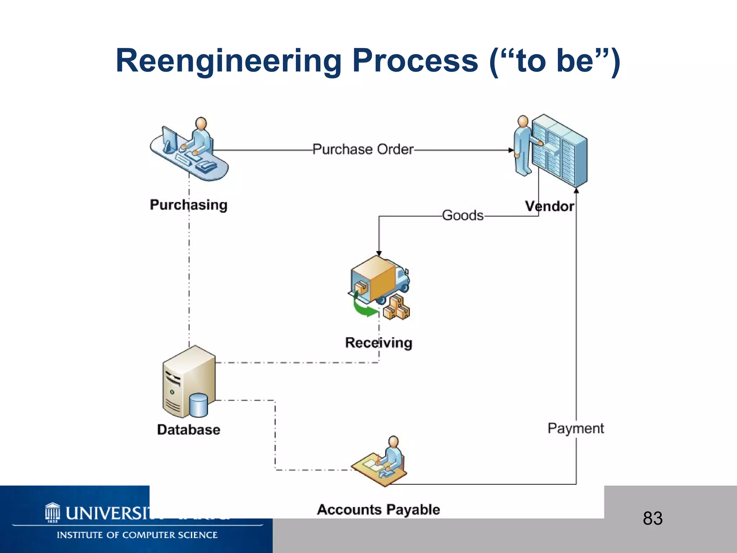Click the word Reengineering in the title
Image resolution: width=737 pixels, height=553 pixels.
point(228,61)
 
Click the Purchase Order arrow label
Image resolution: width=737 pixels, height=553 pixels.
point(363,149)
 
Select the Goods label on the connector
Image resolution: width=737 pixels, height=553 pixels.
point(462,216)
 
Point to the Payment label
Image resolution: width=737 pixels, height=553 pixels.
point(575,428)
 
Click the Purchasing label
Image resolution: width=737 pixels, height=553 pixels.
point(189,205)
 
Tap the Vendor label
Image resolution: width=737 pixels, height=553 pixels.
point(549,206)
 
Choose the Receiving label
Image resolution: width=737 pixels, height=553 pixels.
point(379,343)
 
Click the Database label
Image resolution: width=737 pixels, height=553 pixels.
point(189,430)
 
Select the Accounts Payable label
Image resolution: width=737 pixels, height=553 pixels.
point(378,510)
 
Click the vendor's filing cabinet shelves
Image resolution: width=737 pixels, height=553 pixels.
point(560,149)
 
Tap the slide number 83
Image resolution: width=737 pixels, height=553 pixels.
point(652,518)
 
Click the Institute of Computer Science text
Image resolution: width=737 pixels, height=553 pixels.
point(137,535)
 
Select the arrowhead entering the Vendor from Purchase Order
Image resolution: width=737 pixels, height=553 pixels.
point(511,150)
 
